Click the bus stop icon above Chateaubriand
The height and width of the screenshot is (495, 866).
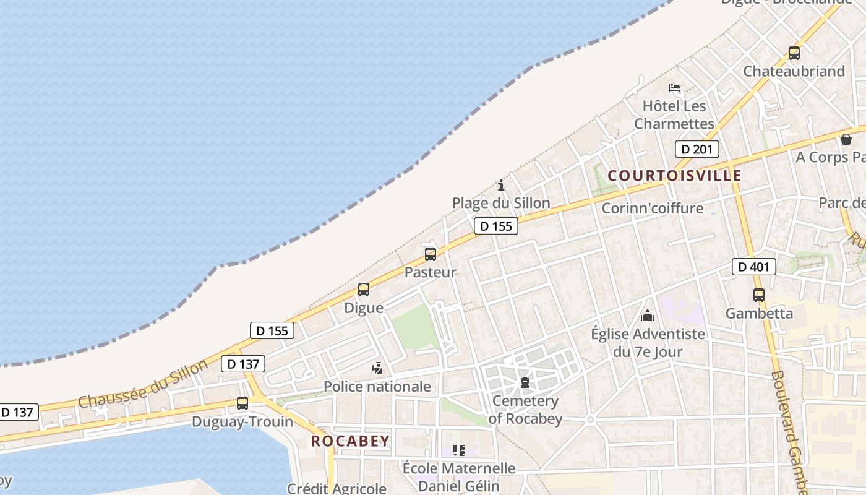[x=794, y=53]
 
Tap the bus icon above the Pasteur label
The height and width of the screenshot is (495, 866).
[x=431, y=254]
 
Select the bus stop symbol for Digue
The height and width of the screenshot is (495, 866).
[x=364, y=290]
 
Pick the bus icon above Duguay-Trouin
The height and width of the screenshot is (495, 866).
[x=242, y=403]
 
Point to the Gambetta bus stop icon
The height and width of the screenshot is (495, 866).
[x=759, y=295]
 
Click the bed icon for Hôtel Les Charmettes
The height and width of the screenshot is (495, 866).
[x=674, y=88]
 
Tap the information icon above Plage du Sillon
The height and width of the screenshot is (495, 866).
[x=501, y=185]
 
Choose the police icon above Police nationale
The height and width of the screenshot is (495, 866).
[x=377, y=369]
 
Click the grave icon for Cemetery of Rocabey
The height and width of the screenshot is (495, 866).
[x=525, y=382]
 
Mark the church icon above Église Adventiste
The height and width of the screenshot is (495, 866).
[x=648, y=316]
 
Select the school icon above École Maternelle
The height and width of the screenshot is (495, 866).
[x=458, y=450]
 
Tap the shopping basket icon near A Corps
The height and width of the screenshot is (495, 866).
[x=846, y=139]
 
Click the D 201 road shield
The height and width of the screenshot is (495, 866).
[x=697, y=149]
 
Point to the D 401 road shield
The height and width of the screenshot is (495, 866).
[x=753, y=267]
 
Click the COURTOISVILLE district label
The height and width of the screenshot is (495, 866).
[x=674, y=176]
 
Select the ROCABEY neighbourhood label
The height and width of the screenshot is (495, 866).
[x=350, y=441]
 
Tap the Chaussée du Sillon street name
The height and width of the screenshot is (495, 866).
[x=143, y=384]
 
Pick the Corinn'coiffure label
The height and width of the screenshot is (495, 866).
[x=653, y=208]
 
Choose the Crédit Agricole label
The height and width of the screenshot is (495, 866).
[x=337, y=488]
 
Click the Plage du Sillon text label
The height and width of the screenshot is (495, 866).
[x=501, y=203]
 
